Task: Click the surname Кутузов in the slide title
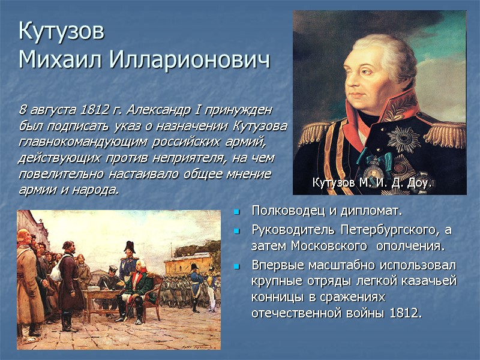pyautogui.click(x=62, y=31)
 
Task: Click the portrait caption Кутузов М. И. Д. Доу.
pyautogui.click(x=371, y=182)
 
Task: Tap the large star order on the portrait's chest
pyautogui.click(x=403, y=138)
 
